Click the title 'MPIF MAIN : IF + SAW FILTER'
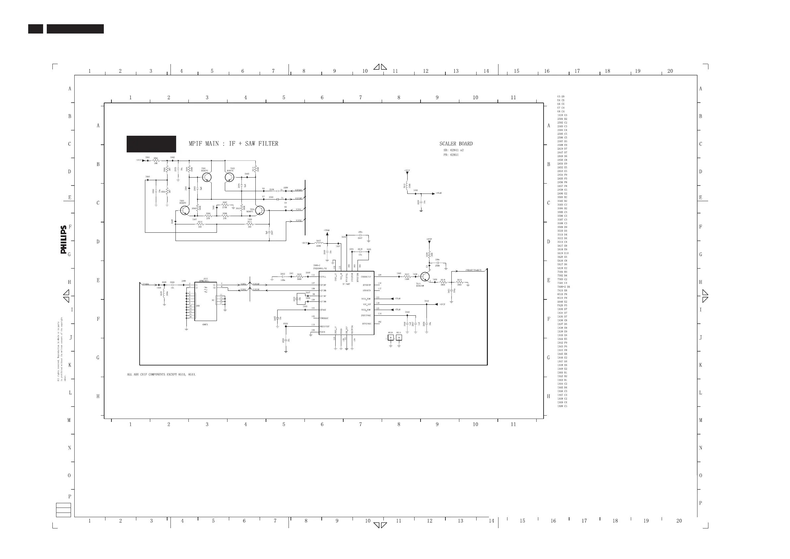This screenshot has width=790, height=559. pos(233,144)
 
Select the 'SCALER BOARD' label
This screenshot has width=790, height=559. pos(456,144)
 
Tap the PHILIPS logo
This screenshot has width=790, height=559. pos(64,240)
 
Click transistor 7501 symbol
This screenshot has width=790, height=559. pos(207,177)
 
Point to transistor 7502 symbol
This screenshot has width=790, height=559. pos(230,177)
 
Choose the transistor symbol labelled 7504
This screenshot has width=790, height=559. pos(260,210)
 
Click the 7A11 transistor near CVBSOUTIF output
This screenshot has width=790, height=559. pos(425,277)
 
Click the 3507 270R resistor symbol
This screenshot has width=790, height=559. pos(225,205)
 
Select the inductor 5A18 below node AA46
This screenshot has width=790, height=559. pos(165,293)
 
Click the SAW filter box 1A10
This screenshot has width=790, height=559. pos(206,301)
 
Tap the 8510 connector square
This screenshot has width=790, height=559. pos(391,338)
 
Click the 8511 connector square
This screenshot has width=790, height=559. pos(399,338)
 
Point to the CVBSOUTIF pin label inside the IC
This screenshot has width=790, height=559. pos(366,277)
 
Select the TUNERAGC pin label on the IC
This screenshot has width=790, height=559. pos(324,318)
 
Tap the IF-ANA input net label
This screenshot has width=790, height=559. pos(146,284)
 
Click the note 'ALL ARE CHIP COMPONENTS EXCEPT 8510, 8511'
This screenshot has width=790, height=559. pos(162,374)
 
